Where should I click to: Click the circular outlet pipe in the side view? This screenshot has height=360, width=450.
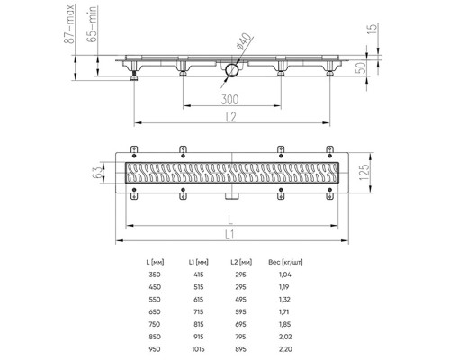coord(231,68)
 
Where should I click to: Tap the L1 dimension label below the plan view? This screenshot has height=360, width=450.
coord(232,232)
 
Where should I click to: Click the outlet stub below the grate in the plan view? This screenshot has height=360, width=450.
coord(232,196)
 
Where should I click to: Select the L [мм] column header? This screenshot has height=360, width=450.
coord(153,260)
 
